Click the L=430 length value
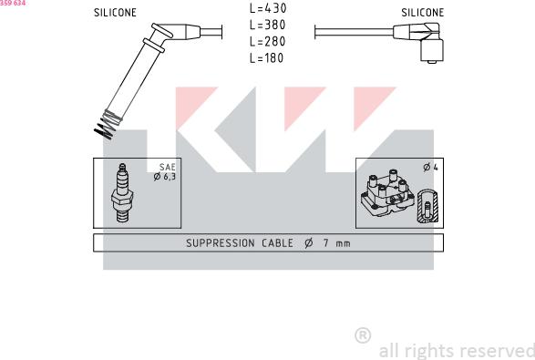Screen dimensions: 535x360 (x=268, y=8)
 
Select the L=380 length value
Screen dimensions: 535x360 (x=268, y=25)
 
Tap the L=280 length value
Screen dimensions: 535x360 (x=268, y=42)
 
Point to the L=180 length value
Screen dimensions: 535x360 (x=266, y=58)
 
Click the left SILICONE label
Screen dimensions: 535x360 (x=115, y=13)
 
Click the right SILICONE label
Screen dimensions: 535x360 (x=422, y=13)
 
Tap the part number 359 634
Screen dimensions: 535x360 (x=13, y=3)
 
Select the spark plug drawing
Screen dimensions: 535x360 (x=122, y=193)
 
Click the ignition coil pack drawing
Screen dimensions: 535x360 (x=387, y=193)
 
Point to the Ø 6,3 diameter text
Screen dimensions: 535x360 (x=164, y=177)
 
